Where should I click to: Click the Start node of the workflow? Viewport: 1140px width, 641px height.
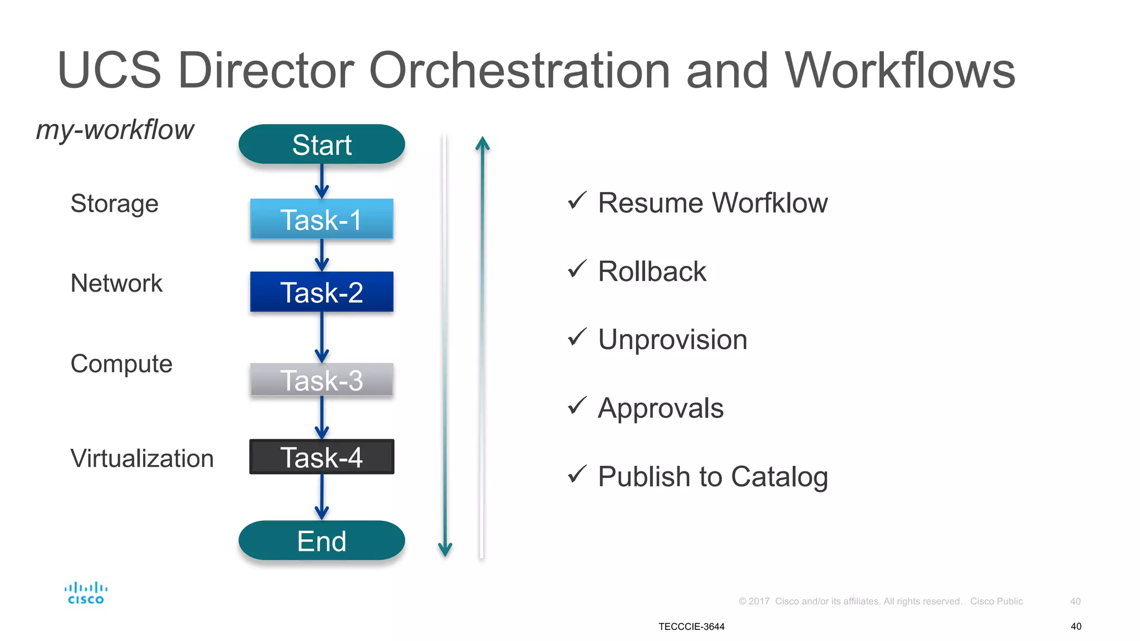coord(322,145)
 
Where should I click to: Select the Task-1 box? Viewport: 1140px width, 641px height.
coord(322,219)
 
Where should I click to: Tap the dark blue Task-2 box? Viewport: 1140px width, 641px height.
coord(322,292)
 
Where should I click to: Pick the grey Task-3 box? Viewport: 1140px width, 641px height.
coord(322,380)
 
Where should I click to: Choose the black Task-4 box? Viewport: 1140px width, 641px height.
coord(322,457)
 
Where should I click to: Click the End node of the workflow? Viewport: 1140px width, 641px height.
coord(322,541)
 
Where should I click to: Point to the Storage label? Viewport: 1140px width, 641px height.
coord(114,204)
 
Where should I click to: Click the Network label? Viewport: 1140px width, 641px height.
coord(116,283)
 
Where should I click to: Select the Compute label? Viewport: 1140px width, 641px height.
coord(121,364)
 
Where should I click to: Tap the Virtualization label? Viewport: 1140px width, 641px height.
coord(142,458)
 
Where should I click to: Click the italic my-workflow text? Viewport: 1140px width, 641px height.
coord(115,130)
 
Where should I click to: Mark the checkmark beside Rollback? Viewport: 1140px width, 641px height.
coord(577,269)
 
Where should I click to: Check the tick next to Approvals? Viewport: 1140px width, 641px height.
coord(577,406)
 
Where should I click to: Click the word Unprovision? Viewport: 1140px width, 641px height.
coord(672,339)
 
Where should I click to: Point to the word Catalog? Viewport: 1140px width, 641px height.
coord(779,477)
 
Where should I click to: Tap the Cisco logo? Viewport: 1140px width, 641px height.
coord(86,593)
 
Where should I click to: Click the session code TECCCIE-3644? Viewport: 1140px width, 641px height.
coord(691,627)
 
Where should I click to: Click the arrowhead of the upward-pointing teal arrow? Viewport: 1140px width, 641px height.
coord(483,143)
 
